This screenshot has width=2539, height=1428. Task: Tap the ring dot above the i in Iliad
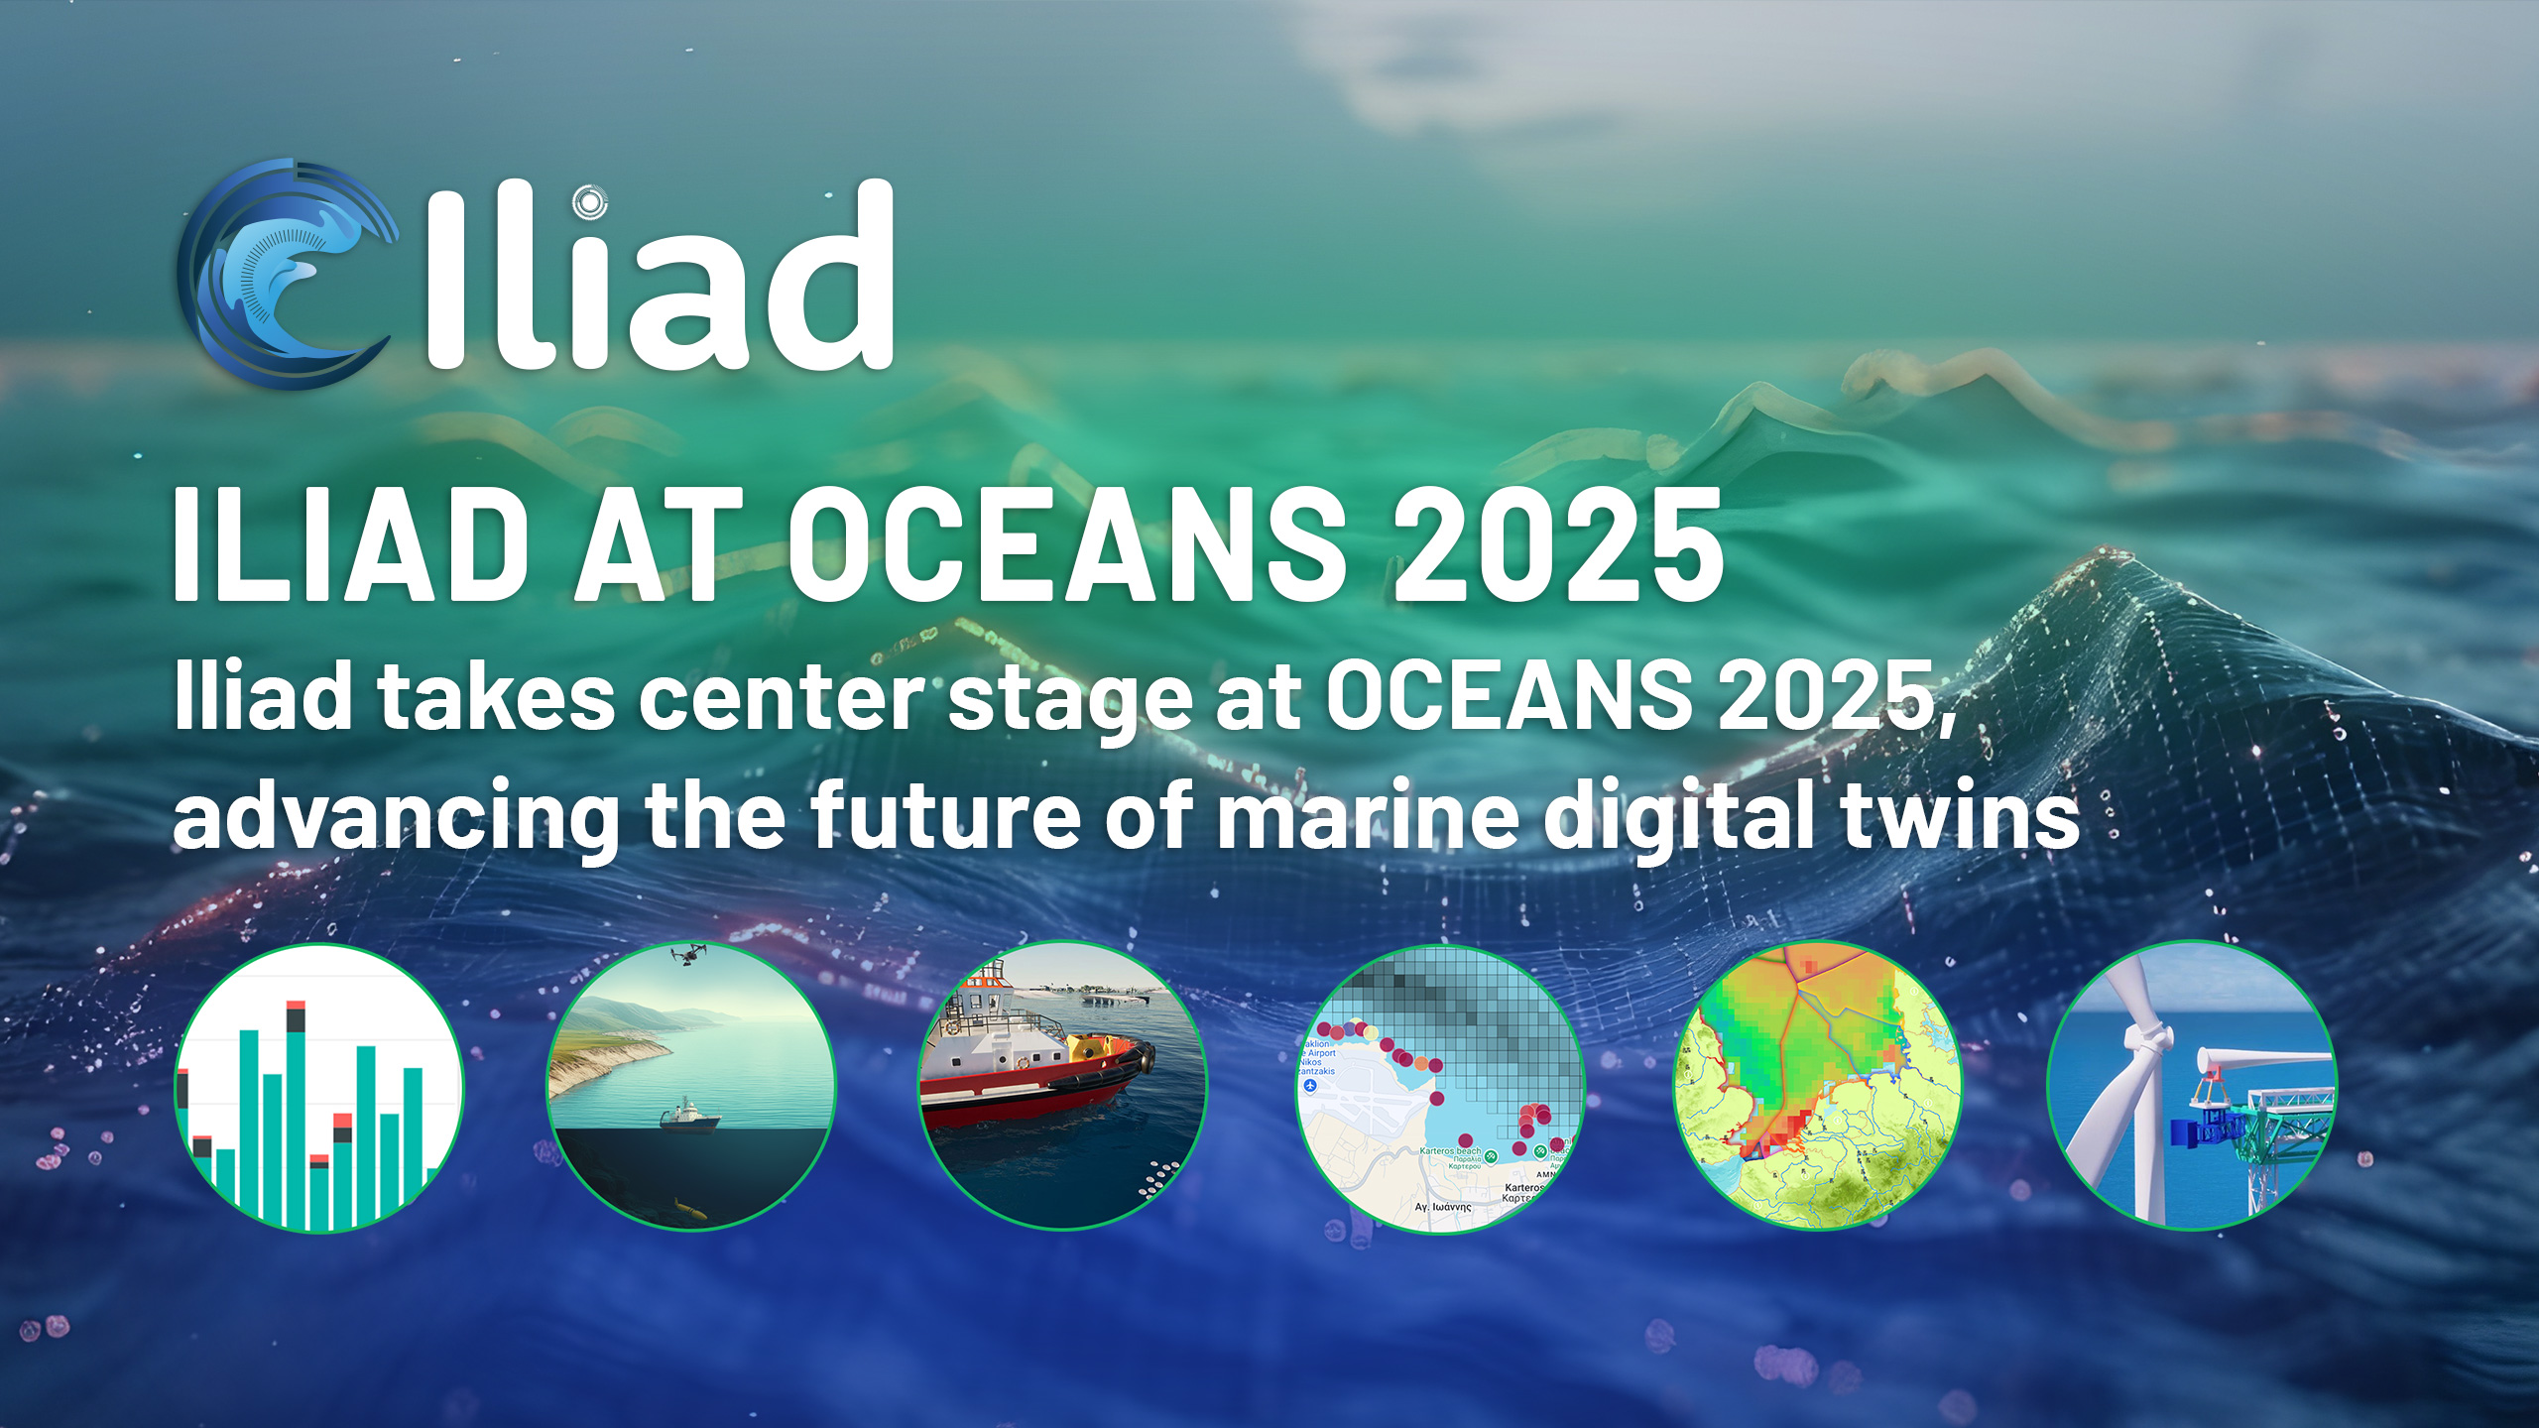pos(589,203)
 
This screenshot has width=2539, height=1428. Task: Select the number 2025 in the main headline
pos(1557,545)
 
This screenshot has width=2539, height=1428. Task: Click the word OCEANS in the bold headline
pos(1066,545)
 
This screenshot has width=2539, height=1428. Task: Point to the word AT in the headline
pos(660,545)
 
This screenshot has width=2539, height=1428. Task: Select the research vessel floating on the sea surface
pos(687,1117)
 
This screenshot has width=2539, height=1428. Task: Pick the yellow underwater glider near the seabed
pos(690,1208)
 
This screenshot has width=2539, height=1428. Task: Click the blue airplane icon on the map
pos(1310,1085)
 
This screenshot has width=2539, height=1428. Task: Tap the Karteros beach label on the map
pos(1450,1151)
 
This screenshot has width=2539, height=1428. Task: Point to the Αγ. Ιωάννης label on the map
pos(1443,1207)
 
